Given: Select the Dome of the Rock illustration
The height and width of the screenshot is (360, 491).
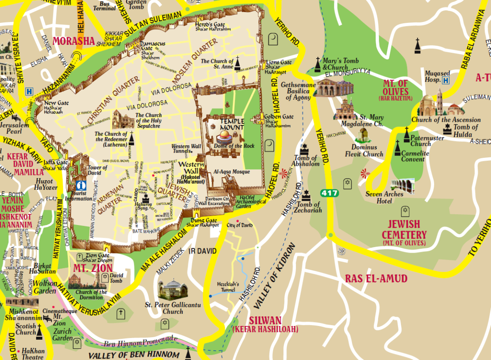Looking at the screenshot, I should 224,137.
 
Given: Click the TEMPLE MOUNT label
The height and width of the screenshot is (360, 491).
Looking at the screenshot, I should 232,124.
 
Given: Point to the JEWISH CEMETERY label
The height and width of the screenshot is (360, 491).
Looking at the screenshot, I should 404,230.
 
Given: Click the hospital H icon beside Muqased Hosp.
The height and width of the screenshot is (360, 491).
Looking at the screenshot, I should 446,80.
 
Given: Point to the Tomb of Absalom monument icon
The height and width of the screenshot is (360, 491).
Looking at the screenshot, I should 305,150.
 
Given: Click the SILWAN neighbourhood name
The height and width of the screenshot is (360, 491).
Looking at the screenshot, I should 265,321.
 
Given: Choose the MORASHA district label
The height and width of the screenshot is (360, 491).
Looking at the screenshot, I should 74,41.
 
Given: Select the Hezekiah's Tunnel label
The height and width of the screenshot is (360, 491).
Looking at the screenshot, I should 228,287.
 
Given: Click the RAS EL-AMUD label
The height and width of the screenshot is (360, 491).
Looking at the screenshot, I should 376,279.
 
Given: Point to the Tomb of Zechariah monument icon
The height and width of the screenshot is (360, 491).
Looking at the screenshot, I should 306,196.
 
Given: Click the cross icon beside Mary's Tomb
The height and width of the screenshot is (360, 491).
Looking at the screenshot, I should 318,64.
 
